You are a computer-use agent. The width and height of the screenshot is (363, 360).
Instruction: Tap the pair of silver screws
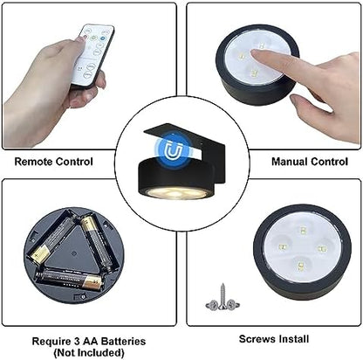[x=223, y=303]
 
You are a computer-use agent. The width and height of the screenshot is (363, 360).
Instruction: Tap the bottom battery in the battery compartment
[x=72, y=279]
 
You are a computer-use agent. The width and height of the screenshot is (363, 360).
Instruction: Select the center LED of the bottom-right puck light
[x=301, y=249]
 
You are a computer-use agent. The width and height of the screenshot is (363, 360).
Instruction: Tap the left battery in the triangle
[x=52, y=242]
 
